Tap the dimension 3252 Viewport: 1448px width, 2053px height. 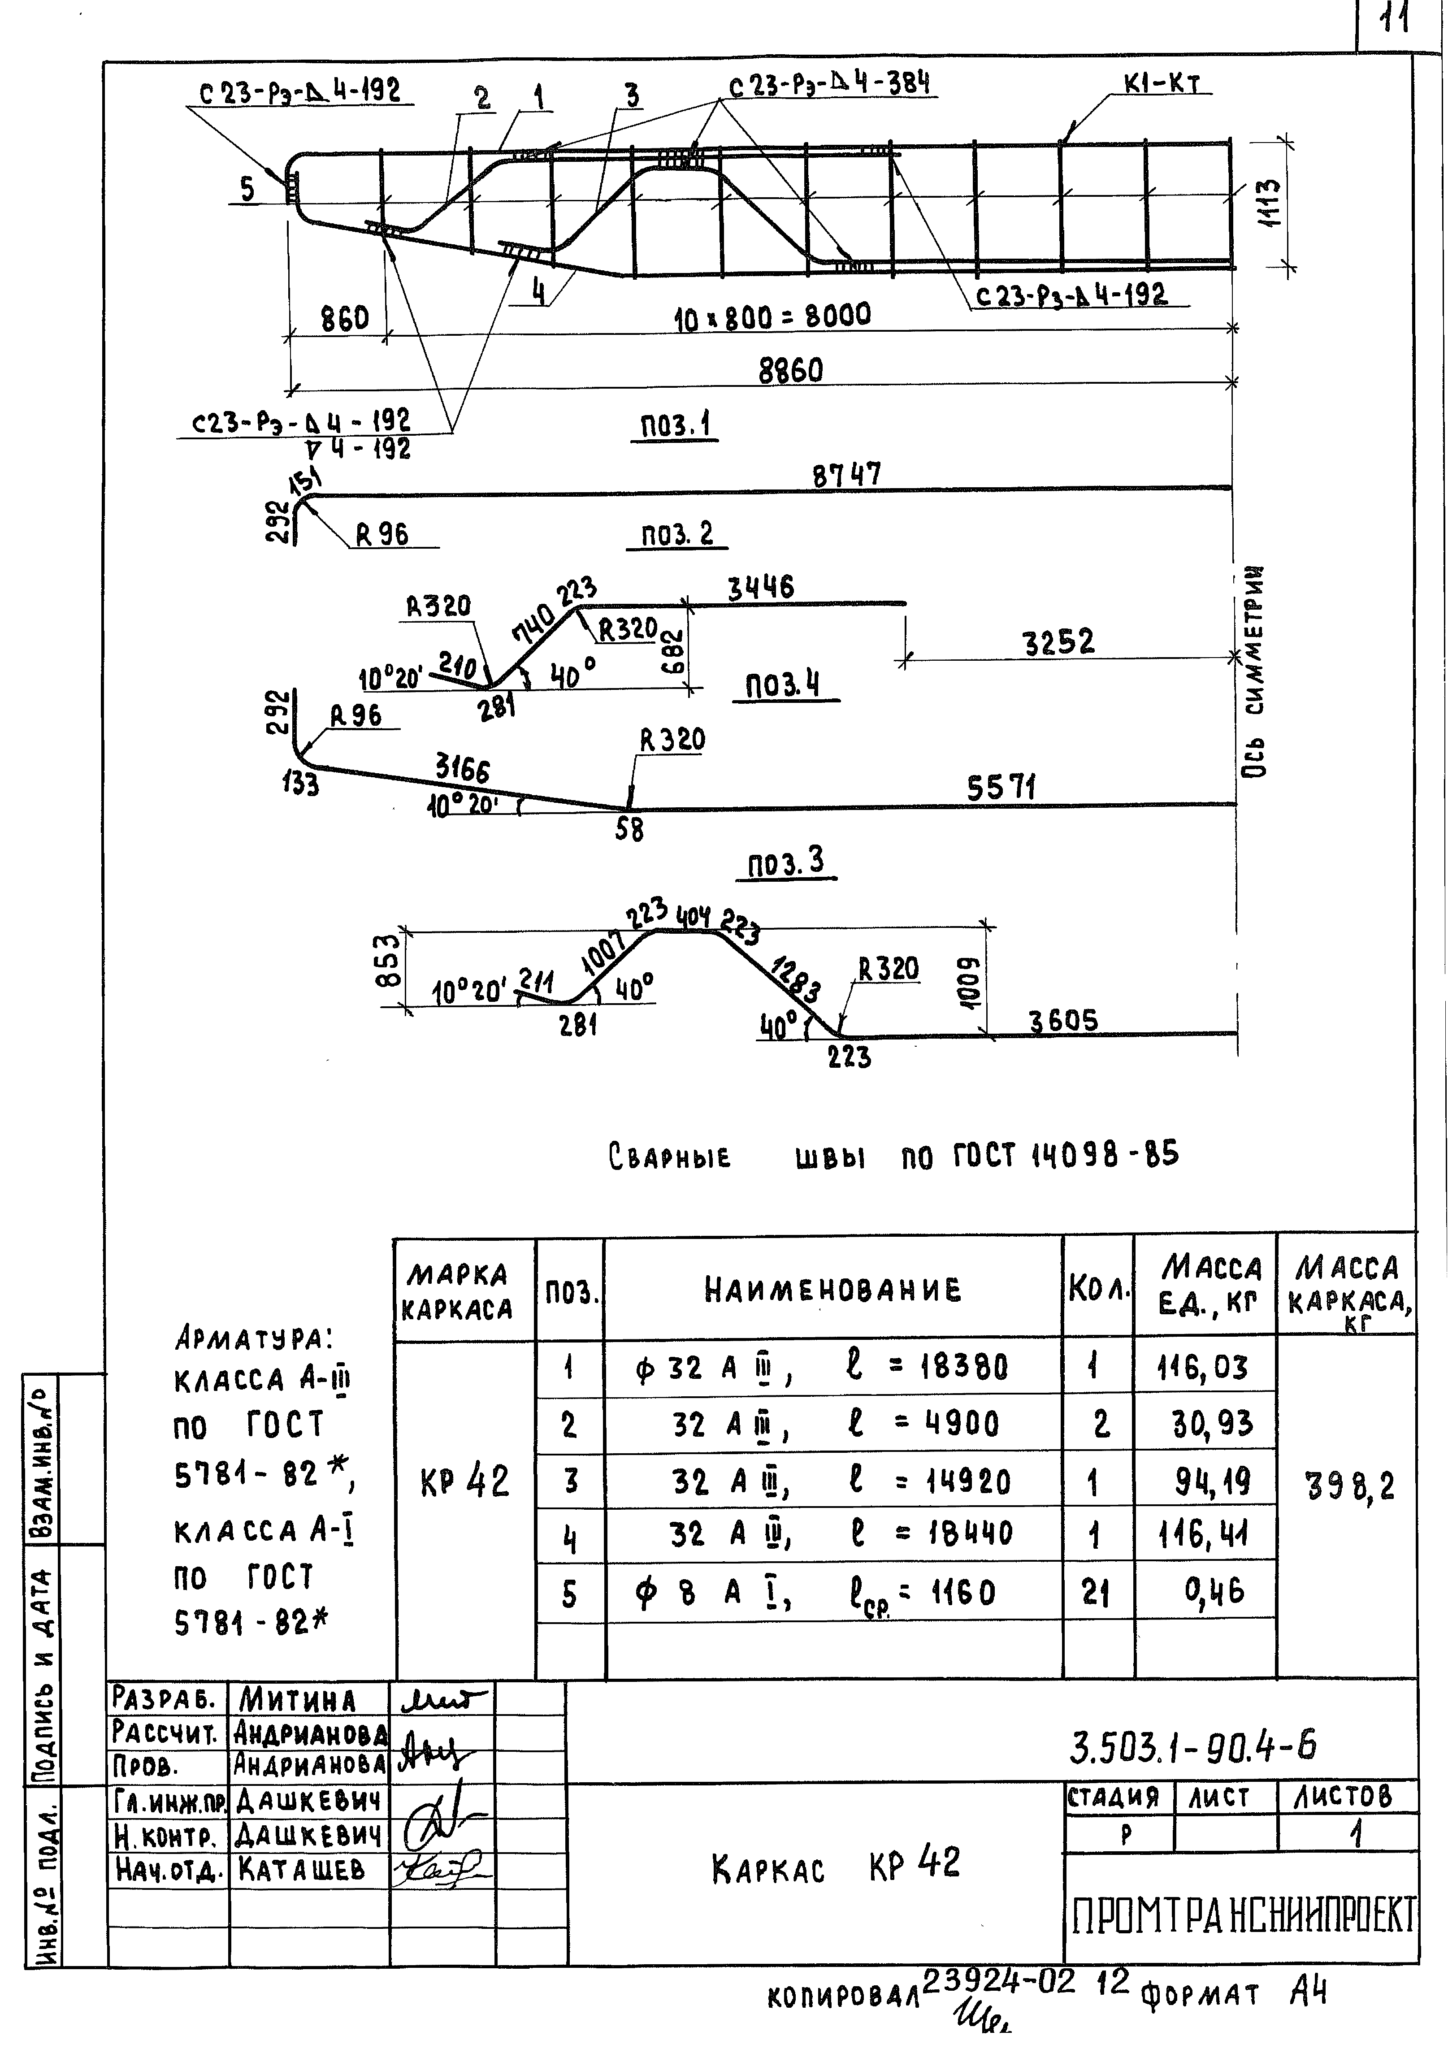pyautogui.click(x=1058, y=642)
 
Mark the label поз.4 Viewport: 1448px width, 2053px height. pyautogui.click(x=784, y=686)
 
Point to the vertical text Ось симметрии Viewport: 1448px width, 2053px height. pyautogui.click(x=1257, y=671)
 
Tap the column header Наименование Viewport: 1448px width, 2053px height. pyautogui.click(x=832, y=1289)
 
